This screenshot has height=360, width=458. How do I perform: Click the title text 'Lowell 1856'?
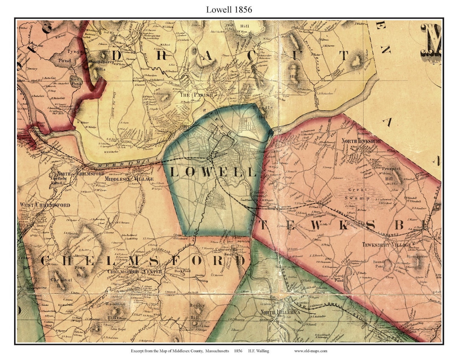coord(229,9)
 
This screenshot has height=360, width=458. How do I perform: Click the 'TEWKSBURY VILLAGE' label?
coord(386,245)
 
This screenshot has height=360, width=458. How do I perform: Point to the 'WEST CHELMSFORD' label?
coord(45,205)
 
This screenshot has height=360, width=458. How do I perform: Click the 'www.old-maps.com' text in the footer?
coord(310,351)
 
